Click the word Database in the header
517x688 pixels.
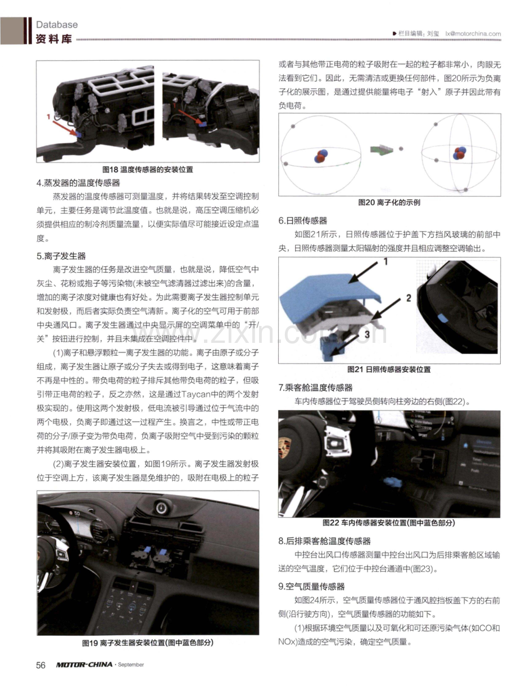[x=57, y=24]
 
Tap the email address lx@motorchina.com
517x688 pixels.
[x=473, y=34]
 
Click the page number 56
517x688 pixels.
[x=41, y=665]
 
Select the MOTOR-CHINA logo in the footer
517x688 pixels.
[x=84, y=664]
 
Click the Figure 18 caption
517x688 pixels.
[x=148, y=170]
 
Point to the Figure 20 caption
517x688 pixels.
[x=389, y=202]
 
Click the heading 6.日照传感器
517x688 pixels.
[x=303, y=221]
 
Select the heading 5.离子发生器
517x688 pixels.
[x=61, y=256]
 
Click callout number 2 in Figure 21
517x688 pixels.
[x=409, y=298]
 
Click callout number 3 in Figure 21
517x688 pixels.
[x=367, y=334]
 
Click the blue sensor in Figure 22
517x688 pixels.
[x=393, y=482]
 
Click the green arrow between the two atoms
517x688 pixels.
[x=382, y=150]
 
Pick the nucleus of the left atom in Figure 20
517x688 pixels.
[x=321, y=156]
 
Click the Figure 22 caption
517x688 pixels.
[x=389, y=523]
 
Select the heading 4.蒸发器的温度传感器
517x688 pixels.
[x=78, y=183]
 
